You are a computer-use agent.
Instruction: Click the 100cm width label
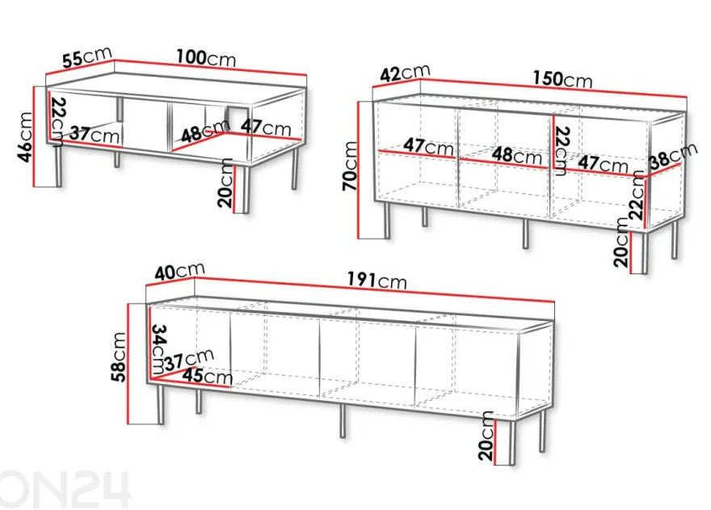(x=206, y=58)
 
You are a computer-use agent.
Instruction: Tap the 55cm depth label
(x=87, y=57)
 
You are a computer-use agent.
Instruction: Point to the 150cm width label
(x=562, y=79)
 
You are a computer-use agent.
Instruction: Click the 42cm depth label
(x=405, y=73)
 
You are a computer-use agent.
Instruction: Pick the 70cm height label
(x=351, y=166)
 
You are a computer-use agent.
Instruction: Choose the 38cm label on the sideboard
(x=673, y=154)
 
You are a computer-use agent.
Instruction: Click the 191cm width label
(x=377, y=280)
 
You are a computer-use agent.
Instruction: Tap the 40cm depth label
(x=179, y=271)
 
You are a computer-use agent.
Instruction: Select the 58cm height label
(x=119, y=357)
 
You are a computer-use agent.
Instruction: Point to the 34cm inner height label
(x=158, y=348)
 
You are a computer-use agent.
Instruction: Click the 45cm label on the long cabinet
(x=207, y=376)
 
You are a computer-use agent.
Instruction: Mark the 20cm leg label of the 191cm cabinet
(x=486, y=436)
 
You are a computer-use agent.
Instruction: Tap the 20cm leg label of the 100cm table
(x=225, y=183)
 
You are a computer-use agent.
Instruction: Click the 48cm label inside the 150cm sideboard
(x=517, y=155)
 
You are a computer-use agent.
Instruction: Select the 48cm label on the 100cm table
(x=205, y=131)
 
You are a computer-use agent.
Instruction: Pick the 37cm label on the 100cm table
(x=95, y=134)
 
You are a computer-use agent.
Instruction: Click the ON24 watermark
(x=65, y=490)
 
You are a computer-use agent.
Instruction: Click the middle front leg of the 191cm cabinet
(x=343, y=420)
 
